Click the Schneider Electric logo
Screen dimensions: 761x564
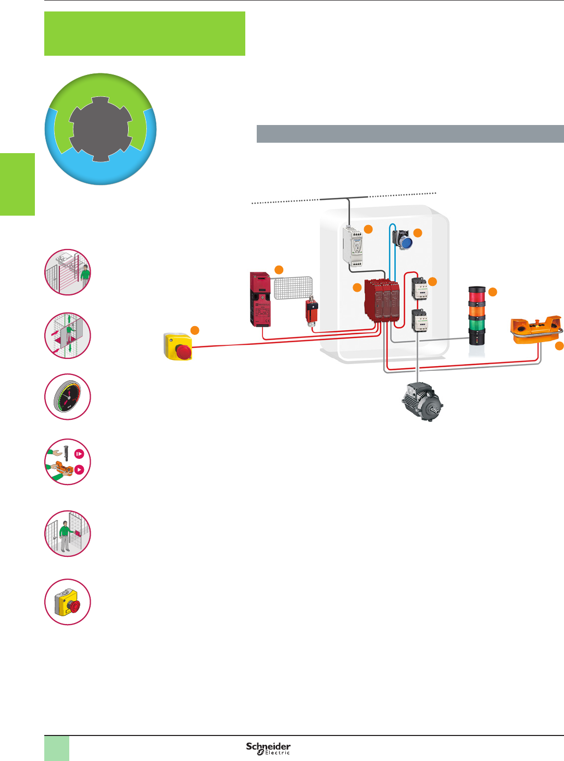[x=268, y=748]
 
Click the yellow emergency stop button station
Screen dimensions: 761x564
[x=178, y=346]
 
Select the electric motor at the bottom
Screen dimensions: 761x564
[x=421, y=401]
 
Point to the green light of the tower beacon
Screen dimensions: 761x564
[x=477, y=323]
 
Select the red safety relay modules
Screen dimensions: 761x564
[x=382, y=301]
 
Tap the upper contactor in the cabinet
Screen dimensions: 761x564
[x=419, y=288]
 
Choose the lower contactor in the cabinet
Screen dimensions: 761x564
[x=419, y=320]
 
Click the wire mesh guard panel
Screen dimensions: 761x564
[x=293, y=288]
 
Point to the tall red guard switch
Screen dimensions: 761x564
[x=260, y=299]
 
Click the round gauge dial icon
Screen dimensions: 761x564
[x=68, y=397]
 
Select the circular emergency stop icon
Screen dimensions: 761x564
[x=68, y=602]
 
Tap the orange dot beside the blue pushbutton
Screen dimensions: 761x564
[x=417, y=233]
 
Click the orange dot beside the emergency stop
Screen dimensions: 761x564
[x=195, y=330]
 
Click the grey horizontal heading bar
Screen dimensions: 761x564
[x=410, y=134]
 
